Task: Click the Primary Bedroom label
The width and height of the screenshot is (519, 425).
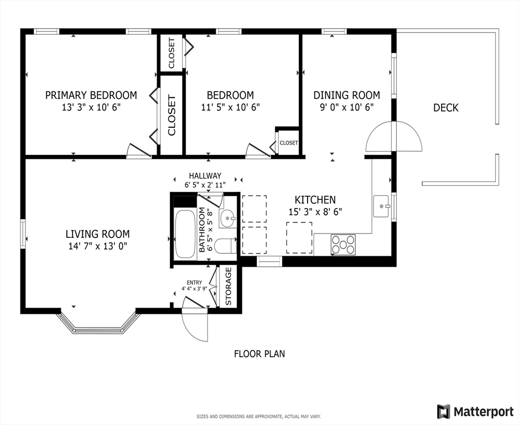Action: coord(91,95)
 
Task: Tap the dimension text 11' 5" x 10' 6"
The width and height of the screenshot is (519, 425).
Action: coord(230,107)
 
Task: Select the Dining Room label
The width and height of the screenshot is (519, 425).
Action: coord(346,95)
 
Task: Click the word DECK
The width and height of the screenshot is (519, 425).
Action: coord(446,107)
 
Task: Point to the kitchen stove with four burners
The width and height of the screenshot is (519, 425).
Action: coord(343,245)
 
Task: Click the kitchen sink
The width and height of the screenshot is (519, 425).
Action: coord(381,206)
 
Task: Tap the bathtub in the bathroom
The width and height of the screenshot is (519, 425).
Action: coord(185,234)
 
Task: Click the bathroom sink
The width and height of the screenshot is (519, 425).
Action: coord(227,219)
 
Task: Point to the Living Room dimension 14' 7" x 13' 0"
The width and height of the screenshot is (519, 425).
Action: coord(97,246)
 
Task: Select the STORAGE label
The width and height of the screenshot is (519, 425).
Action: coord(229,287)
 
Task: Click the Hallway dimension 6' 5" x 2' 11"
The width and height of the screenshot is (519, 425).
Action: coord(205,185)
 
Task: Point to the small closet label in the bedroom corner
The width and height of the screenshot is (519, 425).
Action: coord(289,143)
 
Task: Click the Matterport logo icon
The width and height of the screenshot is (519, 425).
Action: coord(444,411)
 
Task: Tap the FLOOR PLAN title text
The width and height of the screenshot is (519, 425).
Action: coord(259,354)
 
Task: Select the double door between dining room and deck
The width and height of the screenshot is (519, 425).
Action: coord(393,136)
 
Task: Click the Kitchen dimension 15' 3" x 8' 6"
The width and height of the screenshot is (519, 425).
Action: coord(315,212)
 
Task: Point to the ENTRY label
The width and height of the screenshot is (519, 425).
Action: coord(194,283)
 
